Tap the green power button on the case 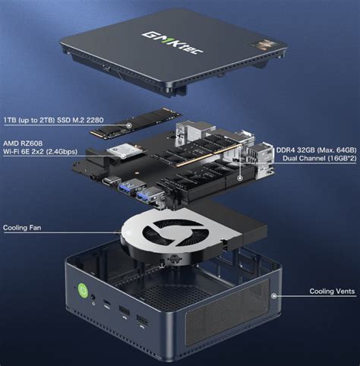click(x=81, y=290)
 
